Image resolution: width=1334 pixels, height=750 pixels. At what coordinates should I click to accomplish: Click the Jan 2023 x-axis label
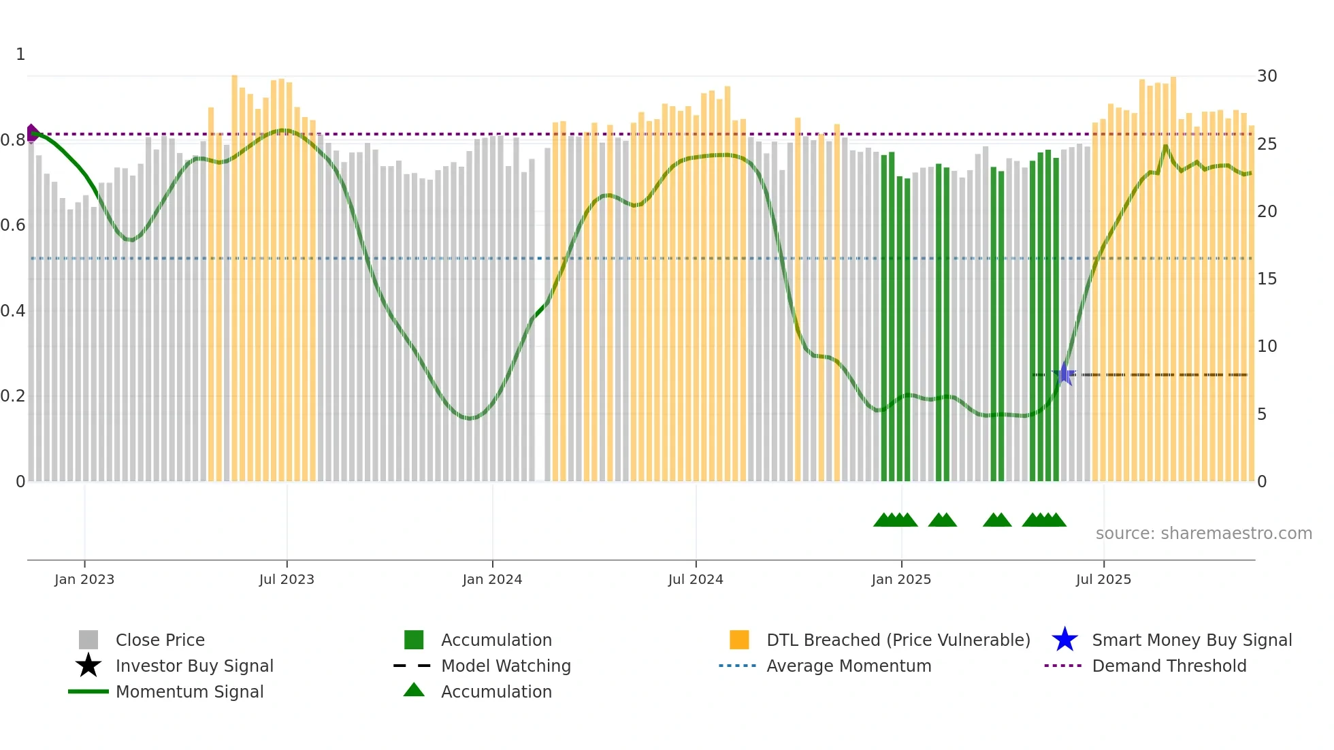84,579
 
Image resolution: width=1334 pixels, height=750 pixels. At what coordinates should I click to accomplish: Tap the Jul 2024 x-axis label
696,579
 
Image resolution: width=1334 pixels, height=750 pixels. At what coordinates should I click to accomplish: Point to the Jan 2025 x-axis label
901,579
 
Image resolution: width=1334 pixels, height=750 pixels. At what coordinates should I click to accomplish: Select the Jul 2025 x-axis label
1103,579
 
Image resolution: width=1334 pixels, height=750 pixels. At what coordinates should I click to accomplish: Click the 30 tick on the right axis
1267,76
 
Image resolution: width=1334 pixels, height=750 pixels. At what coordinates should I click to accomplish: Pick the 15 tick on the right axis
1267,278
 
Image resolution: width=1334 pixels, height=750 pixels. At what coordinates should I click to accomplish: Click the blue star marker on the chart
1064,374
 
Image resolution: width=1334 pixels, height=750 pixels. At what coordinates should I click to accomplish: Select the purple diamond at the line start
32,133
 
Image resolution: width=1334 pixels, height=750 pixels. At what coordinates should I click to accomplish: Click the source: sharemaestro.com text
1203,533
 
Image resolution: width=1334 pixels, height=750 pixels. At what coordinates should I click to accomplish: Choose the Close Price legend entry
160,640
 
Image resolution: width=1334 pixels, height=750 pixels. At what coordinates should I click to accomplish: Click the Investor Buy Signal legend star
88,666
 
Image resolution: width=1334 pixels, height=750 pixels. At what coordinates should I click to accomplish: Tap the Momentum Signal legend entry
189,691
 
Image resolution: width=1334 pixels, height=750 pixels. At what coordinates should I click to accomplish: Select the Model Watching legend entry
506,666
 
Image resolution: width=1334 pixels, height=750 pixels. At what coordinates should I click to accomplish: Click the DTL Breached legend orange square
739,640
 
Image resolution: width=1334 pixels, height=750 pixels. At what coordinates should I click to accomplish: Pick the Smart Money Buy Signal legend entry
1192,640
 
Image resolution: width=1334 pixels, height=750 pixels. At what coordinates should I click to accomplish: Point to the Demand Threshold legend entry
1169,666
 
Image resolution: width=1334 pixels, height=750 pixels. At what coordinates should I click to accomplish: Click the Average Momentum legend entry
849,666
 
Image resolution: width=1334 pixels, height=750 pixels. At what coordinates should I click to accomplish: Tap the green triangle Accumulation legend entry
414,691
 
